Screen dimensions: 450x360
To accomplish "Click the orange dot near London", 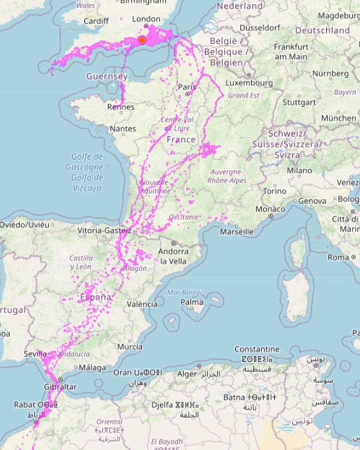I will [142, 40].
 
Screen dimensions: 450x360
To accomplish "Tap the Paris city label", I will [187, 87].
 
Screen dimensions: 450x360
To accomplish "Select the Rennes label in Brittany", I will [120, 106].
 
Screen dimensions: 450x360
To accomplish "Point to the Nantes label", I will [122, 128].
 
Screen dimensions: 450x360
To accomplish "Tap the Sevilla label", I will [35, 353].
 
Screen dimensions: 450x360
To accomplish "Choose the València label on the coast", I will [142, 304].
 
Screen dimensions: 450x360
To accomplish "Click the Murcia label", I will [129, 346].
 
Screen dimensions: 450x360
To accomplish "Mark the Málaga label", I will [92, 368].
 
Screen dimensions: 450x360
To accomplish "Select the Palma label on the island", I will [192, 302].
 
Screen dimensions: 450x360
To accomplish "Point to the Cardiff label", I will [96, 21].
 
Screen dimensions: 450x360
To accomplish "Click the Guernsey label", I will [106, 76].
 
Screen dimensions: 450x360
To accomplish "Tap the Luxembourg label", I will [249, 82].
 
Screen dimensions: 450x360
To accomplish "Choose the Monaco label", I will [270, 209].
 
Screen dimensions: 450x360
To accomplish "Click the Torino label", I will [274, 191].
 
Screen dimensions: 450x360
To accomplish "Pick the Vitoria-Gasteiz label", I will [104, 230].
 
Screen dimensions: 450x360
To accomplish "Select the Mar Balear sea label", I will [185, 292].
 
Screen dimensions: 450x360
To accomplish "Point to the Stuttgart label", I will [299, 102].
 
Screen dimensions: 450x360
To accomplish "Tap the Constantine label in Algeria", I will [257, 348].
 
